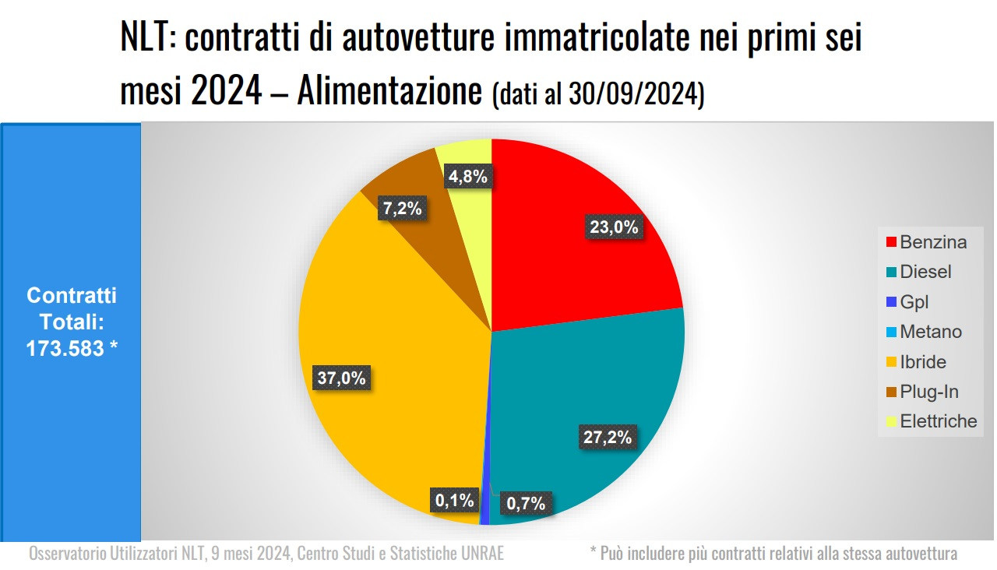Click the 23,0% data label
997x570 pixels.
pyautogui.click(x=613, y=227)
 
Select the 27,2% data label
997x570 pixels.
pyautogui.click(x=607, y=437)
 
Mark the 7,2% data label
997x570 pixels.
pyautogui.click(x=402, y=208)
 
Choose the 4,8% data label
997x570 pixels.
pyautogui.click(x=468, y=177)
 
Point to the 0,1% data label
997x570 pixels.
pyautogui.click(x=454, y=500)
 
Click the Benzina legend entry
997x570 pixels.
pyautogui.click(x=932, y=242)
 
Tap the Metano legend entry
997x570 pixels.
pyautogui.click(x=930, y=332)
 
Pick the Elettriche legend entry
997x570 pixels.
pyautogui.click(x=938, y=421)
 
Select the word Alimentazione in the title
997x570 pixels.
pyautogui.click(x=389, y=93)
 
